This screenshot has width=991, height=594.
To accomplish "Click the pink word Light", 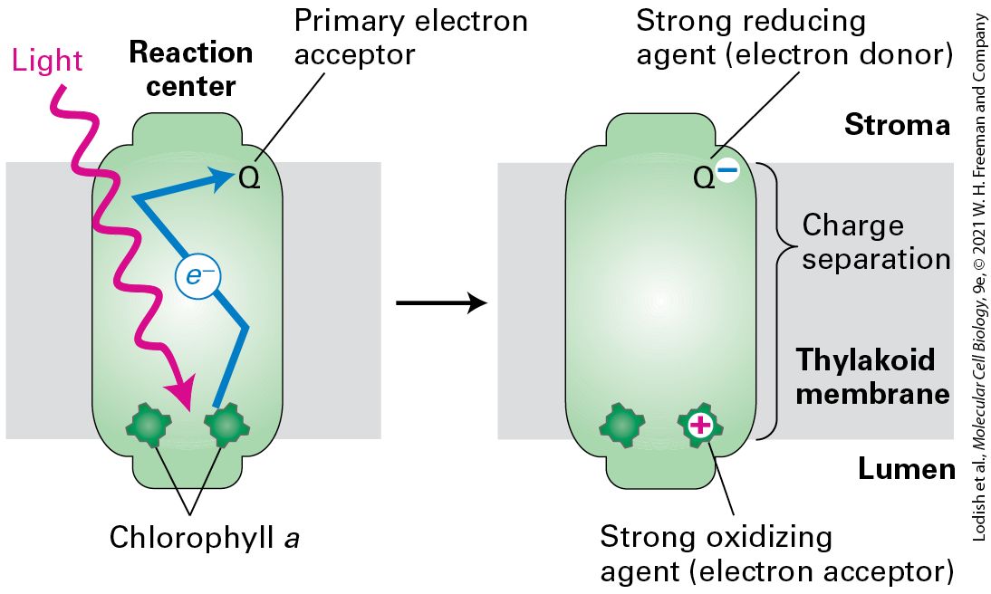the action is coord(47,62).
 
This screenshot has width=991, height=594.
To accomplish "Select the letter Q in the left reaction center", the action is coord(250,179).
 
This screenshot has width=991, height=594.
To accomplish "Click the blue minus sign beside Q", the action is coord(727,169).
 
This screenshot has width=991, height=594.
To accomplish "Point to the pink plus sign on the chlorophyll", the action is coord(700,426).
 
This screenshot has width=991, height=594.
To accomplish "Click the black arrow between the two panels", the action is coord(441,303).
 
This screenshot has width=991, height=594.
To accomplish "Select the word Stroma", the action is coord(897,125).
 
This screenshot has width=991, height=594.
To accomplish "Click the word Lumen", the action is coord(906,469).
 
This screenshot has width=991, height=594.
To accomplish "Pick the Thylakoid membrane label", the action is coord(873,376).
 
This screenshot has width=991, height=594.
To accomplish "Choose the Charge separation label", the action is coord(876,242).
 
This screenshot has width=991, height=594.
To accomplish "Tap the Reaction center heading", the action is coord(191,69).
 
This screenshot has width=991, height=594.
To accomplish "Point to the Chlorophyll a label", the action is coord(204,539).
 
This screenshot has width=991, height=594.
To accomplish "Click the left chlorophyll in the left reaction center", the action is coord(149,426).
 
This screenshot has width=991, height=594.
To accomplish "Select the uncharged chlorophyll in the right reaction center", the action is coord(622,426).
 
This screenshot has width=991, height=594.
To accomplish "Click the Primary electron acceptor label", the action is coord(411,37).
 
